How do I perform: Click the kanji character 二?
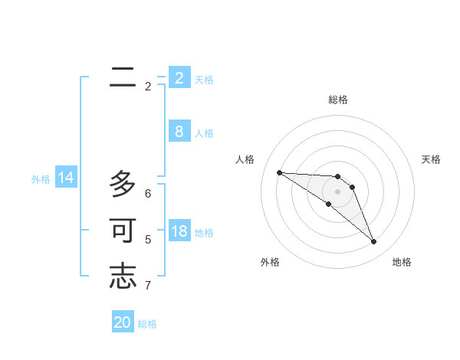[123, 77]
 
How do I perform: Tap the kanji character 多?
[123, 184]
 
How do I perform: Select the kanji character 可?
[123, 231]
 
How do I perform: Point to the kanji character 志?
[123, 277]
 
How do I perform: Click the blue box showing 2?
[179, 77]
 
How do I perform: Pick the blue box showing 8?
[179, 132]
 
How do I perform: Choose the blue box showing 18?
[179, 231]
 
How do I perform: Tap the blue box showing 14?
[66, 178]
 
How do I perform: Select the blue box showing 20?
[123, 322]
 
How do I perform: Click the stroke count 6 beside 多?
[148, 194]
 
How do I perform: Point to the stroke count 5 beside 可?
[148, 240]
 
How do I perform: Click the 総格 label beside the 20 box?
[147, 324]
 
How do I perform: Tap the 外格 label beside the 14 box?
[41, 179]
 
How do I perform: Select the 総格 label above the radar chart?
[338, 100]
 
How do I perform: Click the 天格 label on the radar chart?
[431, 159]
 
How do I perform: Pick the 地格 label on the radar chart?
[402, 262]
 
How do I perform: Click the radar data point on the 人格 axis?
[279, 172]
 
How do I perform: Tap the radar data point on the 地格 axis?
[373, 242]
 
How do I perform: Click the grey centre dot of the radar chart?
[338, 191]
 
